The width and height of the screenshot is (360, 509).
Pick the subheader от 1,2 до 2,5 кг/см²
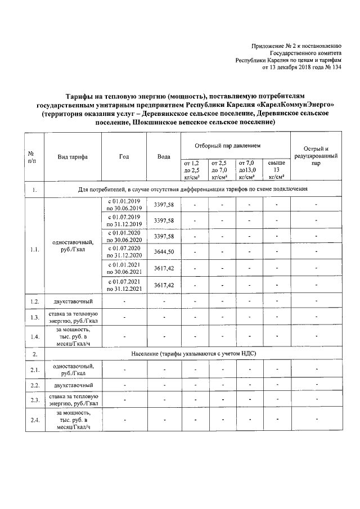point(192,169)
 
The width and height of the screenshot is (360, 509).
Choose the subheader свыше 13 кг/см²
point(276,169)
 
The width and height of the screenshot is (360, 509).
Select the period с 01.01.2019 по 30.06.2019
point(124,204)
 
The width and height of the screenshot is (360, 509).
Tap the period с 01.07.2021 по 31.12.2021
point(124,285)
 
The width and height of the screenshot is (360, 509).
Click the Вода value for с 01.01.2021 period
point(163,269)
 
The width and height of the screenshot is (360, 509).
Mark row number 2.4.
point(35,419)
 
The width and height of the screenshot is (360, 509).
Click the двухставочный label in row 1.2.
point(73,302)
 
